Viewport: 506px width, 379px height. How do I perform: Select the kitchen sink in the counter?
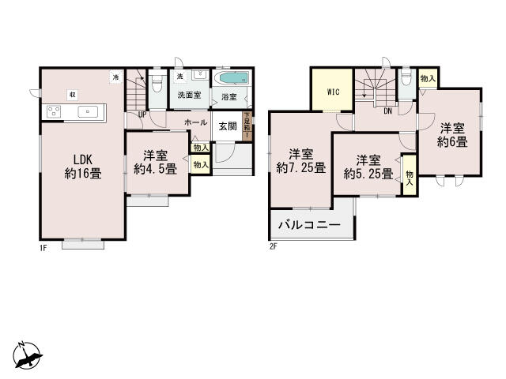point(86,111)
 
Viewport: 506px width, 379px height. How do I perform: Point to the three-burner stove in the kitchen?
point(55,111)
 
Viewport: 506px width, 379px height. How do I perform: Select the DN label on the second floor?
point(388,111)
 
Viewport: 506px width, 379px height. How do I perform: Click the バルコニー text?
point(309,225)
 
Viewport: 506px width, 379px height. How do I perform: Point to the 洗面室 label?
point(189,96)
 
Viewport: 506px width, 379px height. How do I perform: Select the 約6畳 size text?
point(452,142)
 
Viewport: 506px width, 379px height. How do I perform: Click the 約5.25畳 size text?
point(364,171)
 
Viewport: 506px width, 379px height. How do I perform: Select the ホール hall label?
point(196,123)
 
